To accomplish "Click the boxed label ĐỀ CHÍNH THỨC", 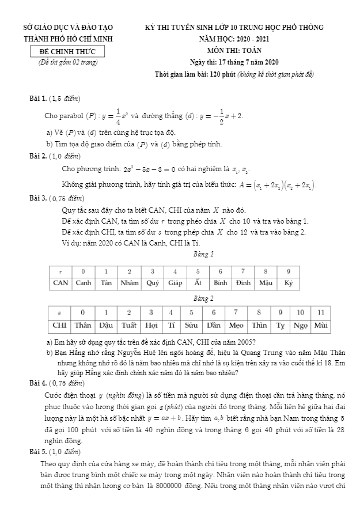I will pyautogui.click(x=68, y=52).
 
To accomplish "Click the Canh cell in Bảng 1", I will pyautogui.click(x=84, y=283).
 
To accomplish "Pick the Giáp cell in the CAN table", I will pyautogui.click(x=175, y=283).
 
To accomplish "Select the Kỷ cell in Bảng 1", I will pyautogui.click(x=289, y=283).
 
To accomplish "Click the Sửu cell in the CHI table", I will pyautogui.click(x=191, y=325).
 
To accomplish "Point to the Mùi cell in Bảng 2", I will pyautogui.click(x=321, y=325).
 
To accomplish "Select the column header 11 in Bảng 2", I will pyautogui.click(x=321, y=312).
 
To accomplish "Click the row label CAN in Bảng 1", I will pyautogui.click(x=60, y=283).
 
